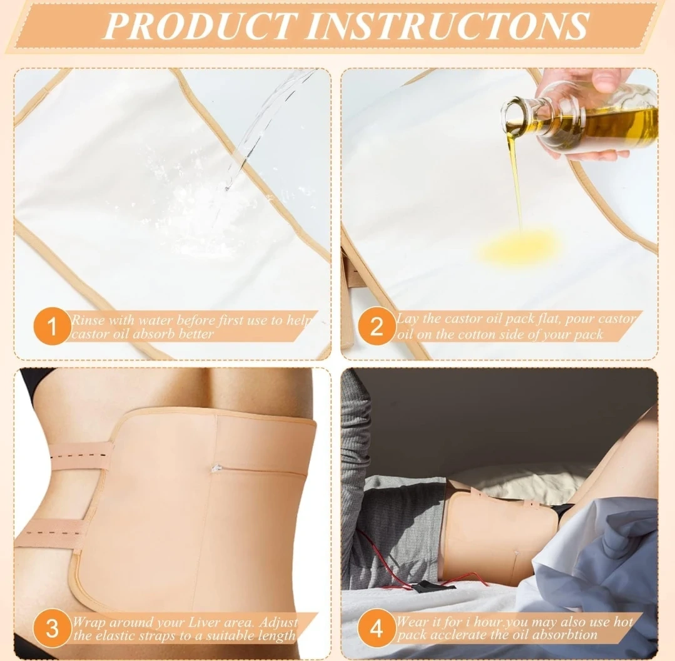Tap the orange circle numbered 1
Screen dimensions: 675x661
pyautogui.click(x=52, y=326)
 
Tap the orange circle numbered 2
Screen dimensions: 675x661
pyautogui.click(x=377, y=325)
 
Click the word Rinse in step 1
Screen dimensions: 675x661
pyautogui.click(x=88, y=320)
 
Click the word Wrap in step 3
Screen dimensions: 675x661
pyautogui.click(x=89, y=623)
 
